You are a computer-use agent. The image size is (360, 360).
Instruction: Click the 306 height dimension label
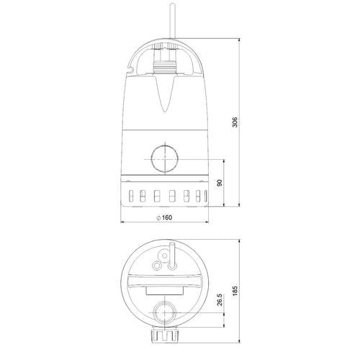coord(235,122)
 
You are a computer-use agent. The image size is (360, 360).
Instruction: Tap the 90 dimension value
coord(220,183)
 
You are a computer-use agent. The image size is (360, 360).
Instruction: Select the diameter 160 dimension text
coord(164,217)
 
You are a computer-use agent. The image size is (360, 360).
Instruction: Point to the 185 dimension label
coord(235,290)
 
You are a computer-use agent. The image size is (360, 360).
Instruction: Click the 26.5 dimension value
coord(220,300)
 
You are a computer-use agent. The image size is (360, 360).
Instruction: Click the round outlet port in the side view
coord(165,159)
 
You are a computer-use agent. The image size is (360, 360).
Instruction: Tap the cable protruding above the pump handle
coord(173,22)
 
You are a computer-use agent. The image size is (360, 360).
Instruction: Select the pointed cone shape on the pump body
coord(165,93)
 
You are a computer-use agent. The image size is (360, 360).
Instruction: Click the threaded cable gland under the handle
coord(165,66)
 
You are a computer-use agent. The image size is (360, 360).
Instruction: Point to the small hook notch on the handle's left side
coord(130,70)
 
